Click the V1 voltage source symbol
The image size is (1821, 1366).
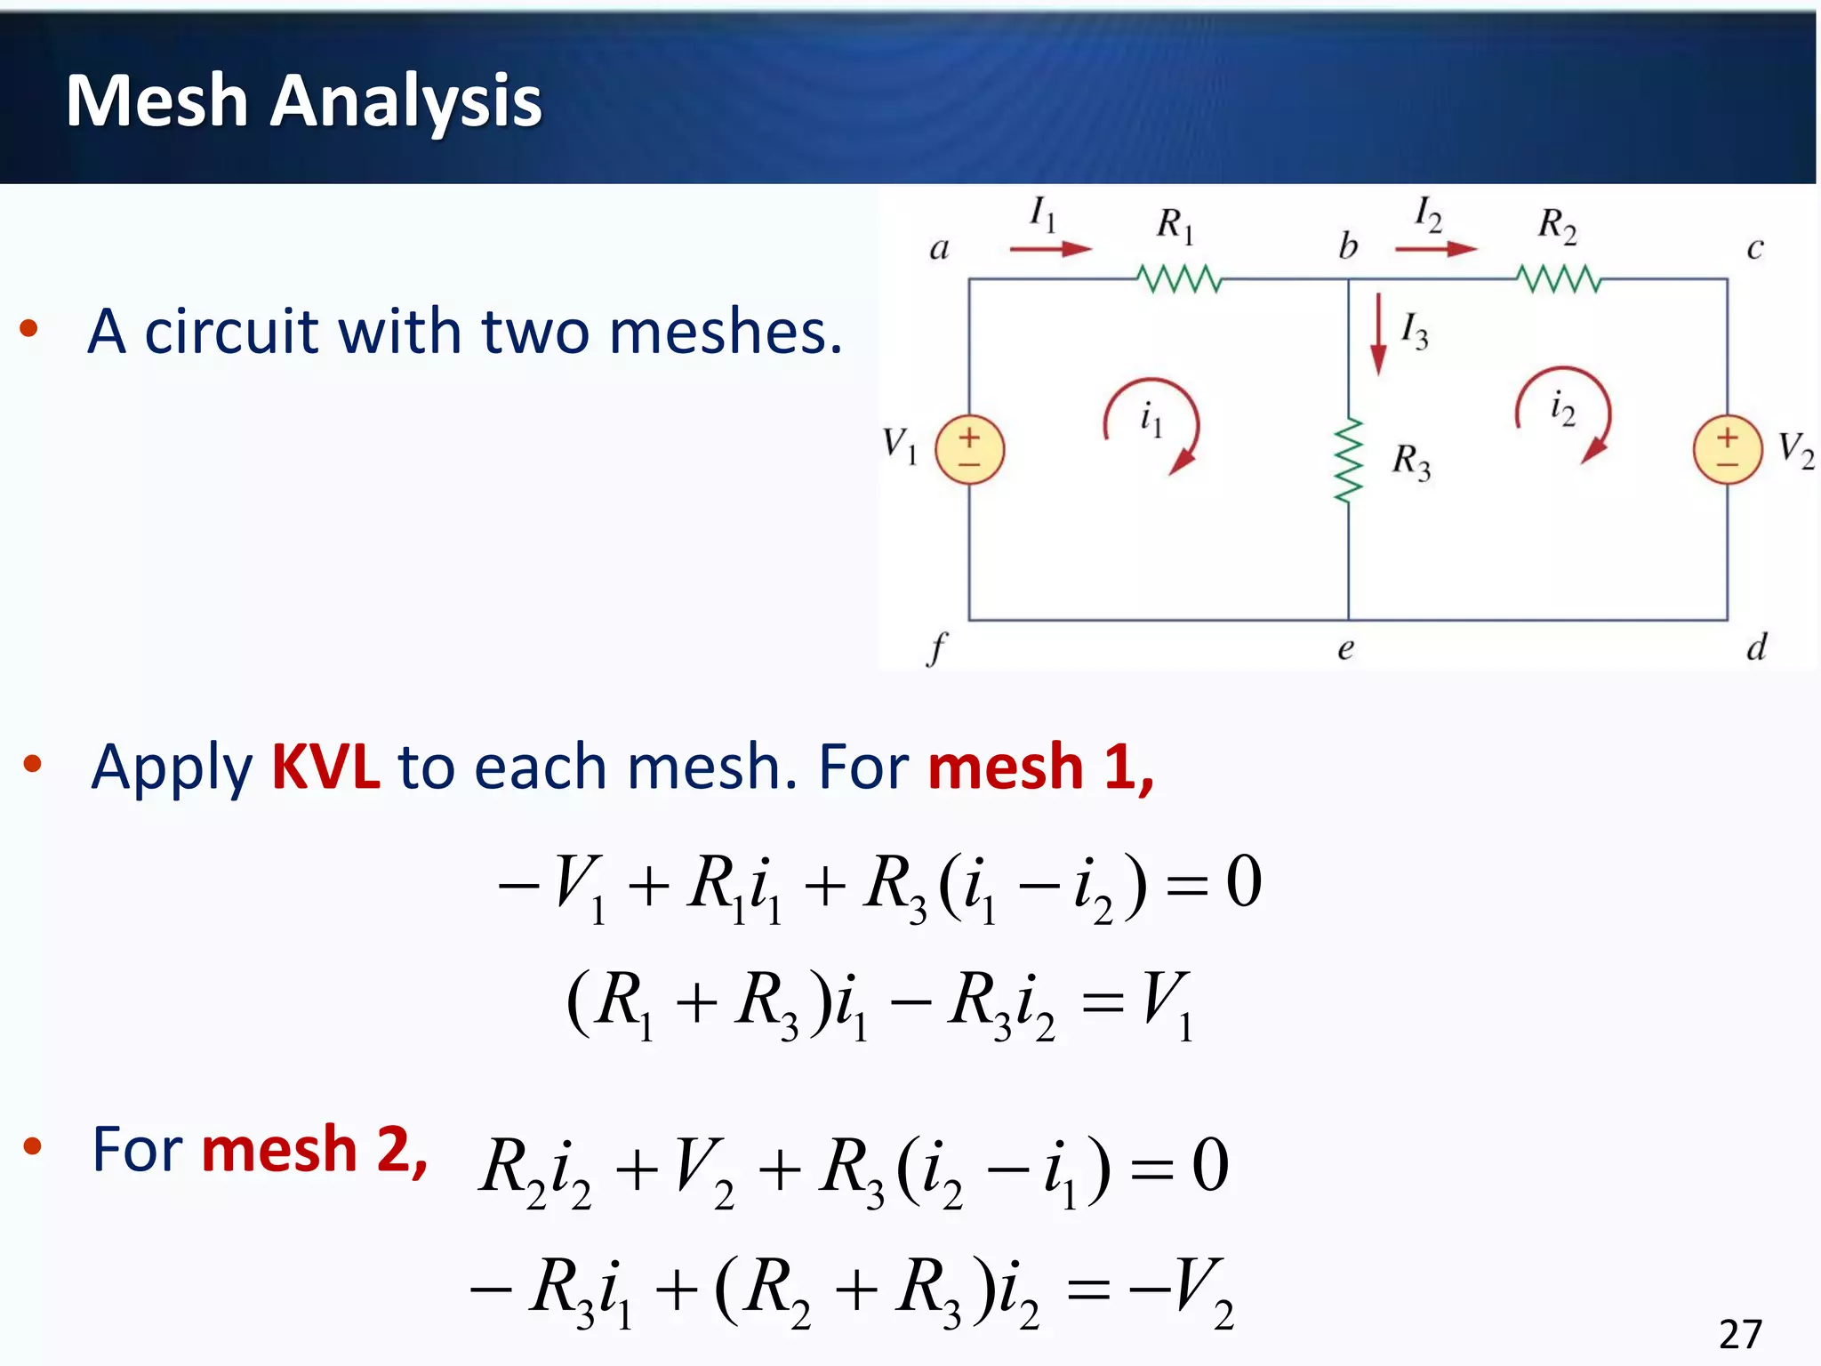969,450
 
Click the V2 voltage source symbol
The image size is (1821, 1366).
1727,450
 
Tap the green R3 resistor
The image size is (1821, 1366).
1348,461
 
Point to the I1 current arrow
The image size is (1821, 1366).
1051,249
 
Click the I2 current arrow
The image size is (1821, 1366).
1435,249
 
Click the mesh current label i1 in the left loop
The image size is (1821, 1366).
1151,418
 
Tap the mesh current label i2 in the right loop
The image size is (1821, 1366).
1562,408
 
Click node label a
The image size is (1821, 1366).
939,249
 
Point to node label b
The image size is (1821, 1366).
1348,245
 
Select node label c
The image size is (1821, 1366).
1754,249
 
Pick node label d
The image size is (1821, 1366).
1756,647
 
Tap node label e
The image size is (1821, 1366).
1345,649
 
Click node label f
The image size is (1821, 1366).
937,648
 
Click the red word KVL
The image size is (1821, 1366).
325,767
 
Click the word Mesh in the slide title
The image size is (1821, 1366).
156,100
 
